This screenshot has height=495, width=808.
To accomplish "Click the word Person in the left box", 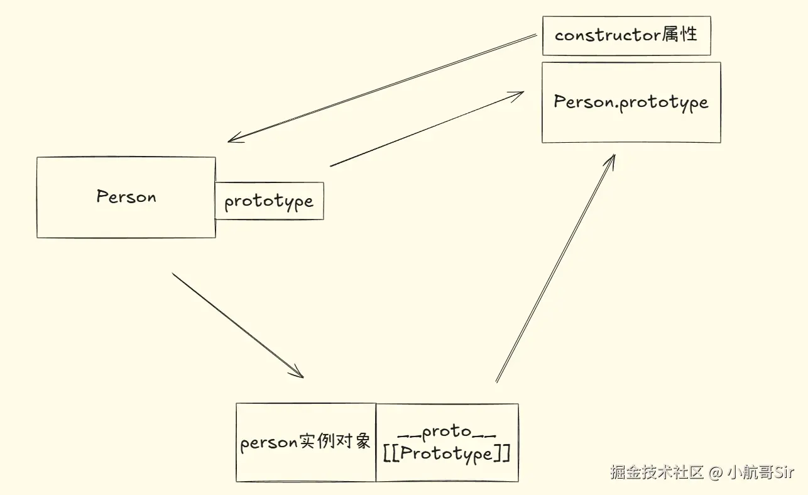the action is coord(126,197).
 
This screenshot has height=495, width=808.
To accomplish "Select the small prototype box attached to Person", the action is coord(269,201).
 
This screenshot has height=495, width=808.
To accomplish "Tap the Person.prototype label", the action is coord(631,102).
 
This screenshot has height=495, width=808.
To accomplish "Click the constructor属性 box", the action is coord(626,35).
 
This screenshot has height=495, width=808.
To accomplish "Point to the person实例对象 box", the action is coord(306,442).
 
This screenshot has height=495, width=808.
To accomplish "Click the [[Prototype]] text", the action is coord(447,453).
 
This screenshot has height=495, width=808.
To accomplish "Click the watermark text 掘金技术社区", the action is coord(657,472).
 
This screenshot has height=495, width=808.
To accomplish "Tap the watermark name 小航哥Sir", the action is coord(762,472).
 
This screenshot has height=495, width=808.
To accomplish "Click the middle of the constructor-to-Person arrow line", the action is coord(382,87).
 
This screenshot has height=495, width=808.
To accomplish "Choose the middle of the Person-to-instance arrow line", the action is coord(237,325).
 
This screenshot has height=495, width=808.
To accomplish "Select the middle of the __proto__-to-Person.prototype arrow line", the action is coord(555,269).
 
